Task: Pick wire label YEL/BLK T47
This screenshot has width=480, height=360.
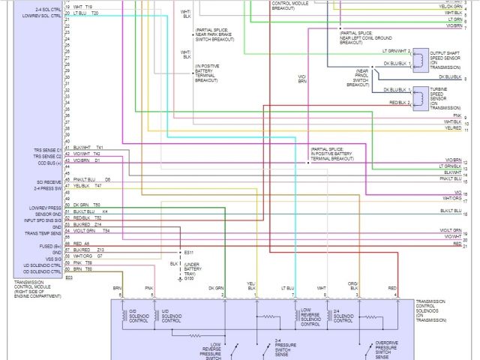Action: [x=87, y=186]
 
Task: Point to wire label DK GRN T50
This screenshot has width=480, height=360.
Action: [x=86, y=205]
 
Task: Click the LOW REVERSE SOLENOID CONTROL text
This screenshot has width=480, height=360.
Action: [x=310, y=317]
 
